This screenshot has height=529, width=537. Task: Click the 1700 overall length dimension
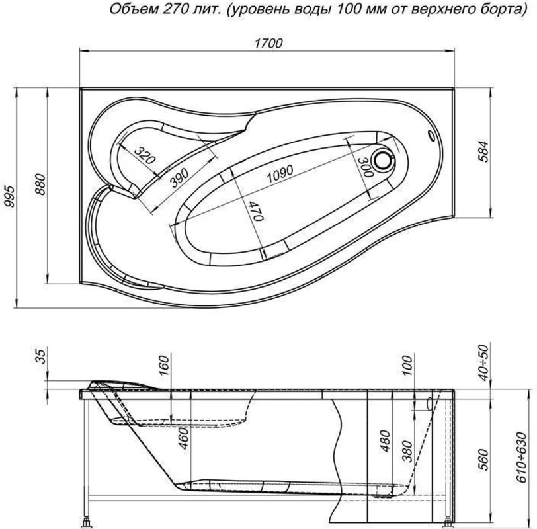(x=268, y=44)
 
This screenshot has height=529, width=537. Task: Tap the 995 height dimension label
(x=9, y=196)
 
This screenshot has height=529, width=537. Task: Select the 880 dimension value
(x=40, y=184)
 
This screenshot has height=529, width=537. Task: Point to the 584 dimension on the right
(x=483, y=151)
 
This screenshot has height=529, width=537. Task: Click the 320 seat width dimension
(x=145, y=155)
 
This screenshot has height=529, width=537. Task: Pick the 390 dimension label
(x=179, y=178)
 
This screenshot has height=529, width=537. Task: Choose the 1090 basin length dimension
(x=280, y=174)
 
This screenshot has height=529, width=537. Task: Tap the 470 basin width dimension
(x=255, y=211)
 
